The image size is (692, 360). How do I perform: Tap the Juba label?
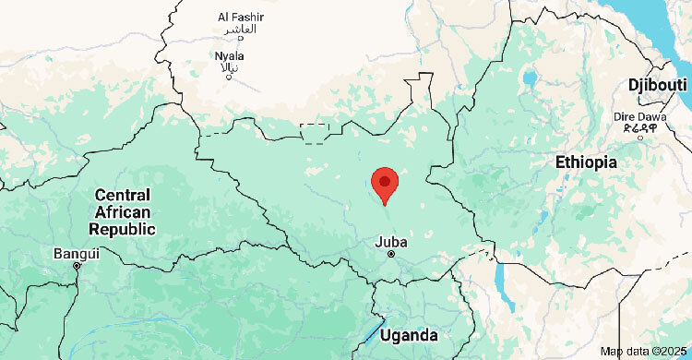(390, 242)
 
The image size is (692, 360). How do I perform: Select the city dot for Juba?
(391, 254)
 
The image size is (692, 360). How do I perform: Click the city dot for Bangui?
(77, 265)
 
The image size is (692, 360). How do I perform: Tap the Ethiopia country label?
(586, 162)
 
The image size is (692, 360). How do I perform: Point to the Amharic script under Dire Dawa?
(639, 129)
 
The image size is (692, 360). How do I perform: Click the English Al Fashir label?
(240, 17)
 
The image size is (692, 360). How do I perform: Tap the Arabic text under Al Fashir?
(240, 30)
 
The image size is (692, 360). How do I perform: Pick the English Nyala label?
(230, 55)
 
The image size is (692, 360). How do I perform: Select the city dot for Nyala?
(229, 76)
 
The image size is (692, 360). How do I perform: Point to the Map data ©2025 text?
(644, 352)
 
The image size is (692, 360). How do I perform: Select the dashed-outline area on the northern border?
(316, 133)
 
